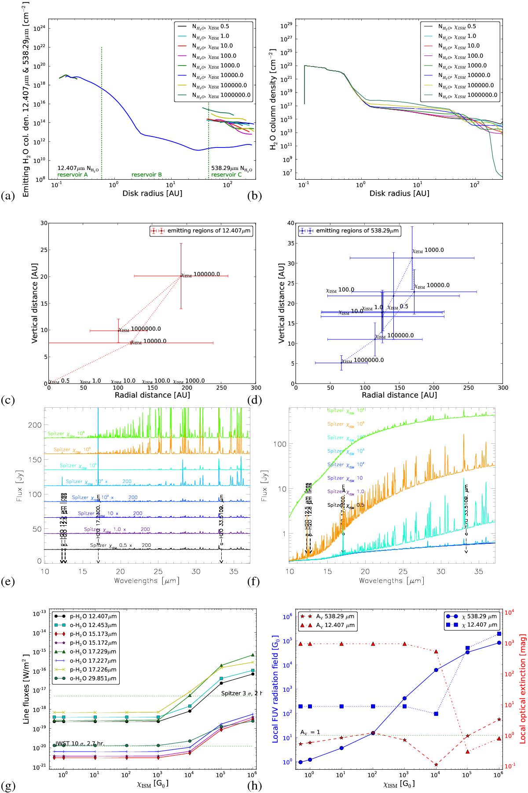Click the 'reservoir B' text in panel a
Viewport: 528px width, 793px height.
147,175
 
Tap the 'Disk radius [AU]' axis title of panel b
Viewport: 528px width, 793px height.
399,193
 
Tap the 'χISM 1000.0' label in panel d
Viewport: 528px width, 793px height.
428,250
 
